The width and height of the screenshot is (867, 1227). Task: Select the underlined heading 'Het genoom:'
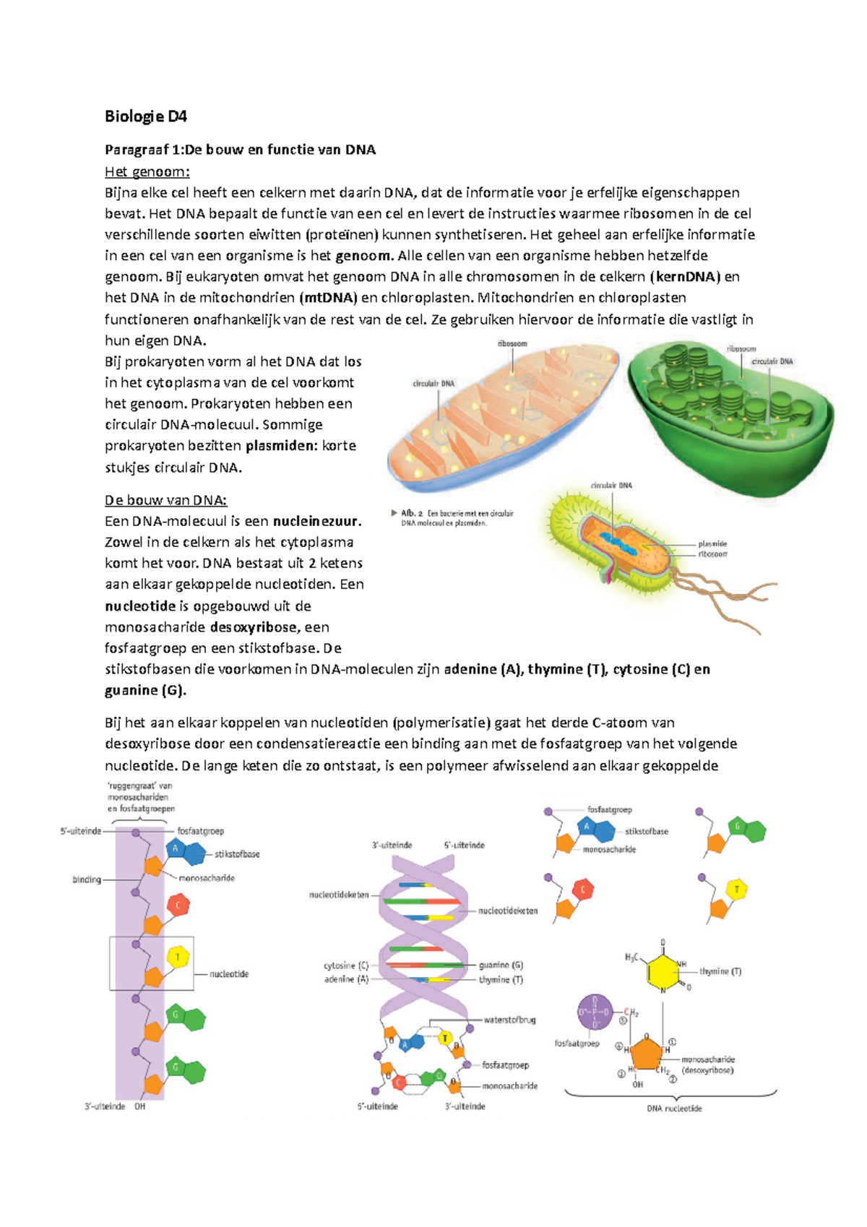[147, 171]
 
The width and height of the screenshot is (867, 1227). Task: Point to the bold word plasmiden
[281, 445]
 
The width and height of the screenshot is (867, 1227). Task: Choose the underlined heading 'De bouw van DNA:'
[166, 500]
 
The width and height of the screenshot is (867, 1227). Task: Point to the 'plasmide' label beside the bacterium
[712, 543]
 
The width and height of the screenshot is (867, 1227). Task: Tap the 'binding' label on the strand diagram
[87, 879]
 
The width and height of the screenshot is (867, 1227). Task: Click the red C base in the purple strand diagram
[178, 904]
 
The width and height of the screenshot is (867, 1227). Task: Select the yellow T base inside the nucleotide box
[178, 958]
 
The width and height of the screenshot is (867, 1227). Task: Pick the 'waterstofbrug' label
[509, 1020]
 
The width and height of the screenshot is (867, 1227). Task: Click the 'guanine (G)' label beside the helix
[501, 965]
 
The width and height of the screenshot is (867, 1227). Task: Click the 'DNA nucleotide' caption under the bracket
[673, 1108]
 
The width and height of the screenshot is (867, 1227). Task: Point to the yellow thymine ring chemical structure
[663, 970]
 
